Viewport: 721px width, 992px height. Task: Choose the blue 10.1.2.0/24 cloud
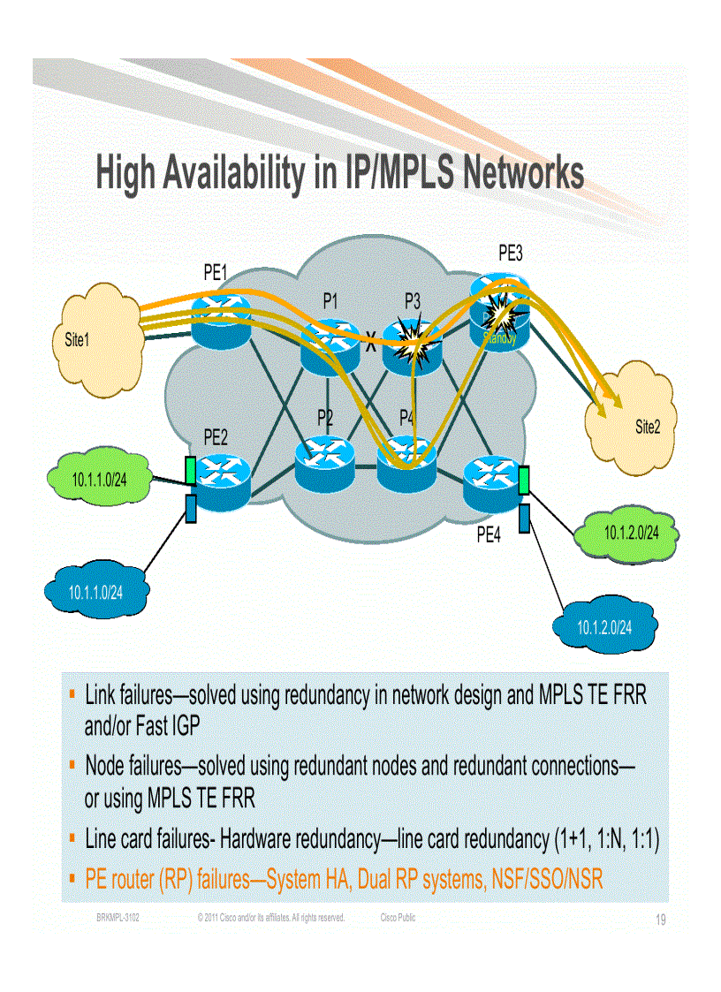[x=605, y=626]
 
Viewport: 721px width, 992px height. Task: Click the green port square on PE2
[x=191, y=470]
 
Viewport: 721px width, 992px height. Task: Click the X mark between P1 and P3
[x=371, y=346]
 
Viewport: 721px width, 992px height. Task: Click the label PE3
[x=510, y=254]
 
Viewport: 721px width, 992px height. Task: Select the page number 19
[x=660, y=920]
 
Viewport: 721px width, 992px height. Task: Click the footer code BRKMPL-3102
[x=118, y=918]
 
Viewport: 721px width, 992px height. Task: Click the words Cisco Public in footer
[x=398, y=918]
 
